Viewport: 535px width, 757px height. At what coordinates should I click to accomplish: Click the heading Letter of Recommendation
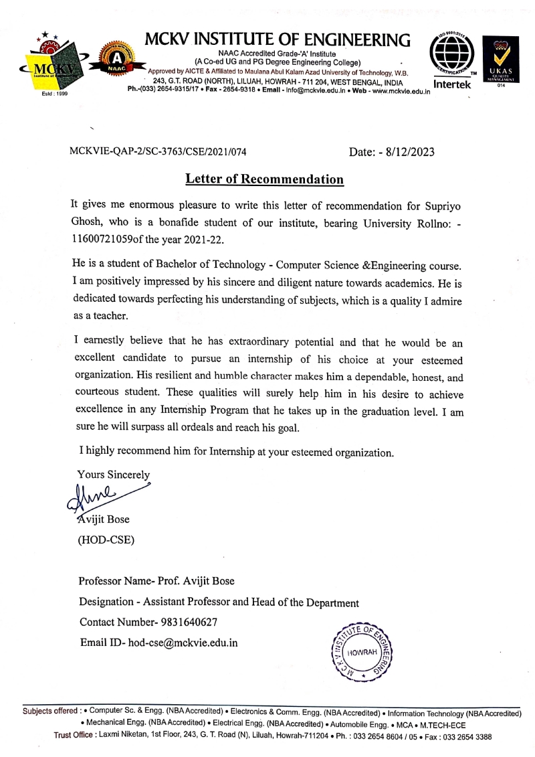click(264, 179)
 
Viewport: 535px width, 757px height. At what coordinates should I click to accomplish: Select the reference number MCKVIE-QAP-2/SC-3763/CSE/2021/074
click(158, 152)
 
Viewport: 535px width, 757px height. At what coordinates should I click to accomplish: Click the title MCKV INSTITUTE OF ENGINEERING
click(277, 40)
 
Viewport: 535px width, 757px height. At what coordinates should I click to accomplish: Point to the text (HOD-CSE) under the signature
click(106, 539)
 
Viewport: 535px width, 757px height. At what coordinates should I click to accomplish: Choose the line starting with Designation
click(219, 602)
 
